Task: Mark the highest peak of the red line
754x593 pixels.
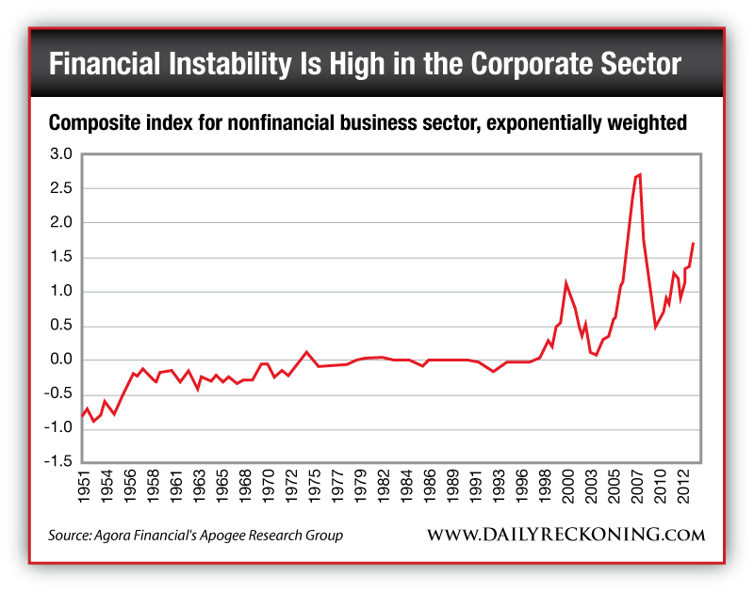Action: click(640, 174)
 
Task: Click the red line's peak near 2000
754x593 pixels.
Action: click(565, 281)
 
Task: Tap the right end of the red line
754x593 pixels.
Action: click(694, 243)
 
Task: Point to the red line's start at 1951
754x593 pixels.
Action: click(82, 415)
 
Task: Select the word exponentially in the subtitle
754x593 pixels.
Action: click(535, 123)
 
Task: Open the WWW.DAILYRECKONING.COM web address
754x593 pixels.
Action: click(566, 535)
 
